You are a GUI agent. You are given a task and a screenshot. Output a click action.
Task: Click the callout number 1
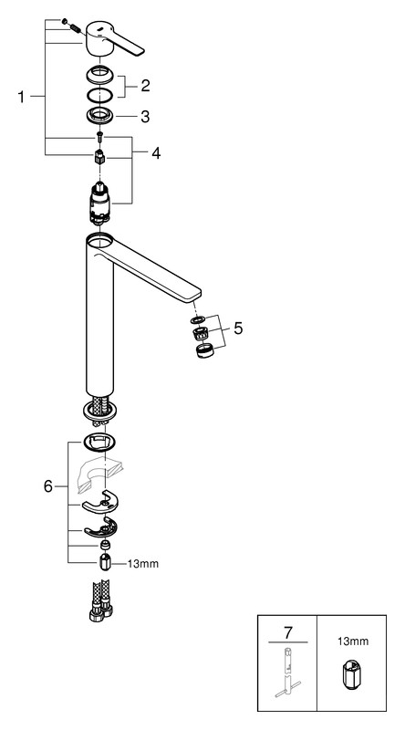pos(20,97)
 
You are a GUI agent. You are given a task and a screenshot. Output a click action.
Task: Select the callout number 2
pos(145,86)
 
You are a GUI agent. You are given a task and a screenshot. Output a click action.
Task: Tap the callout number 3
pos(145,117)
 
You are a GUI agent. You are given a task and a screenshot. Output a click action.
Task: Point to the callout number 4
pos(156,152)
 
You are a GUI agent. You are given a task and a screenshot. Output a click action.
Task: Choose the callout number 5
pos(238,328)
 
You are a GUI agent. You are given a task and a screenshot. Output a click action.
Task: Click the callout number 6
pos(48,487)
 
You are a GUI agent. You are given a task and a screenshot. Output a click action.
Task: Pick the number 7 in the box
pos(288,632)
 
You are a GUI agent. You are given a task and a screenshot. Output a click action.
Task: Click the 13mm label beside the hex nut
pos(143,564)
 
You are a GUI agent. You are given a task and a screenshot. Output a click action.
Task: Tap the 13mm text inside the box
pos(352,641)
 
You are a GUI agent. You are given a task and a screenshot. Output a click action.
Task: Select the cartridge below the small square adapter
pos(99,201)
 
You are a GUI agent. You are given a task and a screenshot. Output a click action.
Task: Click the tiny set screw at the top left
pos(65,21)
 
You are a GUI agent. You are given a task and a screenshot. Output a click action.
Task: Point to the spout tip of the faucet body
pos(194,294)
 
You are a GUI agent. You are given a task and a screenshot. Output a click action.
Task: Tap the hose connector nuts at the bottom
pos(101,610)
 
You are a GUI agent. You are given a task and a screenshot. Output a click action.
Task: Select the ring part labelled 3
pos(100,115)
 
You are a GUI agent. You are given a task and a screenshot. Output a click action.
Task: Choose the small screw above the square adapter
pos(99,136)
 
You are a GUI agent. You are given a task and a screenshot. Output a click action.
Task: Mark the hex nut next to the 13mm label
pos(105,562)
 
